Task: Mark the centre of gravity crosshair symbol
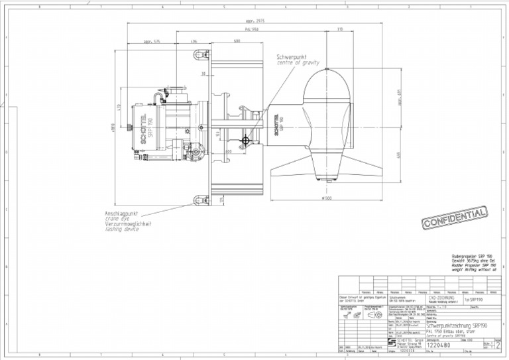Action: [x=246, y=139]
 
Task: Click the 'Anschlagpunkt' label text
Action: [x=121, y=213]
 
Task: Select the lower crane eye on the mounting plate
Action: [x=198, y=198]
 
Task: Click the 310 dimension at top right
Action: [x=340, y=30]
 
